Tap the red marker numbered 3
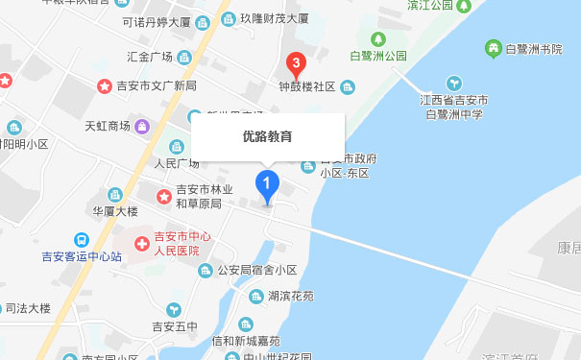(x=297, y=65)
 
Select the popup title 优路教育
(x=267, y=136)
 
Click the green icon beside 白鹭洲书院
(x=493, y=47)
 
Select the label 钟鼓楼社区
(x=306, y=87)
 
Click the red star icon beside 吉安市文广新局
(x=104, y=86)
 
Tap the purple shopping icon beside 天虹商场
(x=142, y=126)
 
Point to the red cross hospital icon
(x=141, y=243)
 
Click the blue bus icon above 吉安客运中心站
(x=82, y=240)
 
